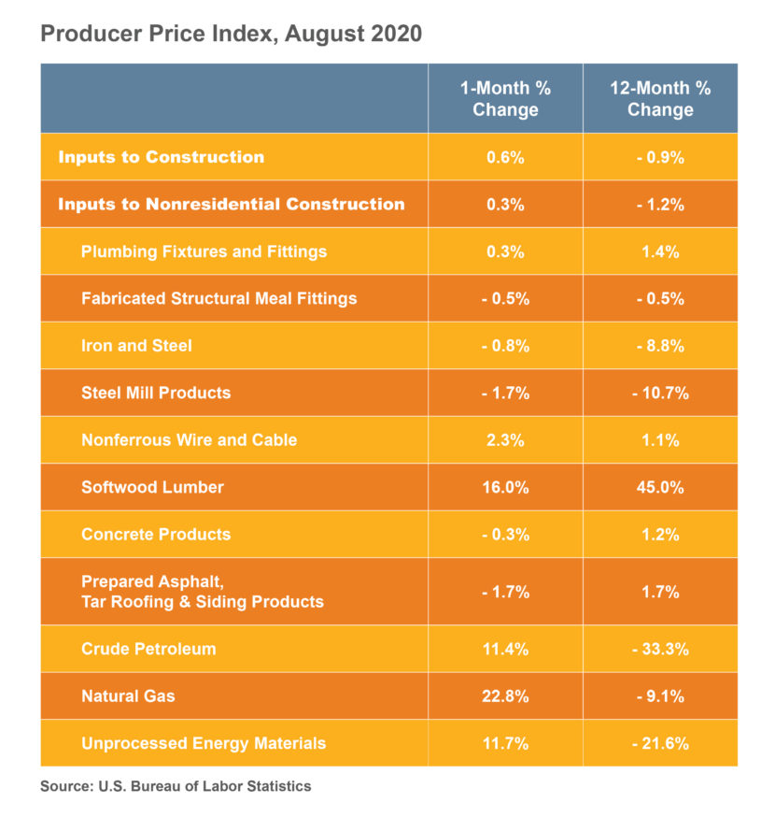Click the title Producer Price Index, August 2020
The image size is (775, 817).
[231, 35]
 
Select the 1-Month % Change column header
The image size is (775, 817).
[505, 98]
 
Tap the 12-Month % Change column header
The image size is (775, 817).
[660, 98]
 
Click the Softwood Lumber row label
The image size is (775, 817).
[152, 487]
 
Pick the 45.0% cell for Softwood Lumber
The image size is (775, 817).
[660, 487]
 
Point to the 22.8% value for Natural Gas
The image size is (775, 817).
[505, 695]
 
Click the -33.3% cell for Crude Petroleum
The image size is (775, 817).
[660, 649]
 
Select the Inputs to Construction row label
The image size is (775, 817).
[161, 157]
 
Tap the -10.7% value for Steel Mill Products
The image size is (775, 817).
[660, 393]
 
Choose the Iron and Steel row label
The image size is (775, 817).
[136, 346]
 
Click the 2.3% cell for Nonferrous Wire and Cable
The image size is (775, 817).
[505, 439]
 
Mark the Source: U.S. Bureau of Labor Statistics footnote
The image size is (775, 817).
[176, 786]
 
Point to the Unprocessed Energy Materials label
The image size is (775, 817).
[204, 743]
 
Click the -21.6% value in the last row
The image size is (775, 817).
[660, 743]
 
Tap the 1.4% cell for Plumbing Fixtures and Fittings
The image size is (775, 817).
[660, 251]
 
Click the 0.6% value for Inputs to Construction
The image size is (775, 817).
[505, 157]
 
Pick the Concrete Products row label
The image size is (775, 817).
[155, 535]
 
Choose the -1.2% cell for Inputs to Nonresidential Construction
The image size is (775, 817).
[660, 204]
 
